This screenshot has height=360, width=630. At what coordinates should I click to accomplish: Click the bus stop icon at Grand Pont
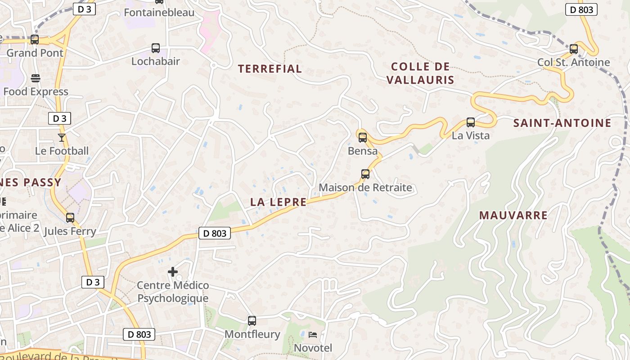click(35, 40)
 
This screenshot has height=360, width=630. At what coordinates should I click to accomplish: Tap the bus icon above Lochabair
click(155, 48)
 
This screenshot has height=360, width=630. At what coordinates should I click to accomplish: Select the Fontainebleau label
click(159, 12)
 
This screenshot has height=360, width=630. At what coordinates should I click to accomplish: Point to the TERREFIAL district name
click(270, 69)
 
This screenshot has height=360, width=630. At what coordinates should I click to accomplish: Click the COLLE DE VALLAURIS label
click(420, 73)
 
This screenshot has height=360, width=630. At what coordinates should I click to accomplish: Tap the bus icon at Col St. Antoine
click(573, 49)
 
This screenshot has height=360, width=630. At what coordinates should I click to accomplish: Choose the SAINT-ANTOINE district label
click(562, 123)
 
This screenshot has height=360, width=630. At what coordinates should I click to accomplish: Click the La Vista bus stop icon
click(470, 122)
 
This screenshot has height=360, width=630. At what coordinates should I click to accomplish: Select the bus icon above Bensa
click(362, 137)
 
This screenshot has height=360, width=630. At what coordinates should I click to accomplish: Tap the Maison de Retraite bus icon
click(365, 174)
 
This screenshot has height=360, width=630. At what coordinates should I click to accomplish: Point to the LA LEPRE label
click(278, 202)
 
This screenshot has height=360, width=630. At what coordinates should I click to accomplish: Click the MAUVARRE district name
click(513, 215)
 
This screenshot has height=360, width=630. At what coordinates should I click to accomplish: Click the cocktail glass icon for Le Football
click(62, 137)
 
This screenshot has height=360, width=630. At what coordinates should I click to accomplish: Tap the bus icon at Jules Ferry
click(70, 218)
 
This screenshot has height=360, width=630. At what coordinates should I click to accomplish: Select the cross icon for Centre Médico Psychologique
click(173, 272)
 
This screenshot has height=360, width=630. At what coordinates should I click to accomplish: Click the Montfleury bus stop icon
click(252, 320)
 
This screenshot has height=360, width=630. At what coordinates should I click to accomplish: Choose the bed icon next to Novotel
click(313, 335)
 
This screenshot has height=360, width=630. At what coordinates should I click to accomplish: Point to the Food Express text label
click(36, 92)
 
